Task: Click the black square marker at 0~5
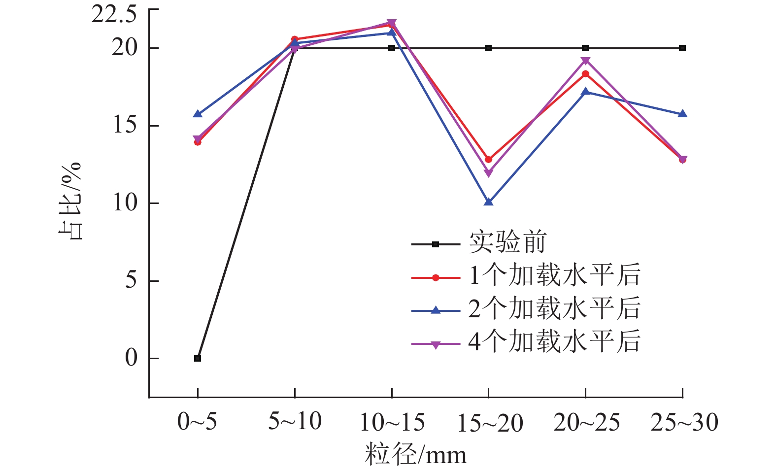pyautogui.click(x=198, y=358)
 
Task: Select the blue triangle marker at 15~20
pyautogui.click(x=488, y=202)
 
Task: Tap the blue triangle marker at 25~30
pyautogui.click(x=682, y=114)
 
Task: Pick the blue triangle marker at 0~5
pyautogui.click(x=198, y=114)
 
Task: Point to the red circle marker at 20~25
pyautogui.click(x=585, y=74)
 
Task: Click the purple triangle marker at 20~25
pyautogui.click(x=585, y=61)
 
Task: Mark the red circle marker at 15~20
pyautogui.click(x=488, y=160)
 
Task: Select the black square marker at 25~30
pyautogui.click(x=682, y=48)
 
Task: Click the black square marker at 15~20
pyautogui.click(x=488, y=48)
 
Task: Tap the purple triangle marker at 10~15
pyautogui.click(x=392, y=23)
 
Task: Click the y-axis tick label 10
pyautogui.click(x=125, y=202)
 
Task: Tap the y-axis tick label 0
pyautogui.click(x=131, y=358)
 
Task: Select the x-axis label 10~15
pyautogui.click(x=392, y=422)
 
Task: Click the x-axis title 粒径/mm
pyautogui.click(x=415, y=454)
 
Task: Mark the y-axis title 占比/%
pyautogui.click(x=70, y=201)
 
